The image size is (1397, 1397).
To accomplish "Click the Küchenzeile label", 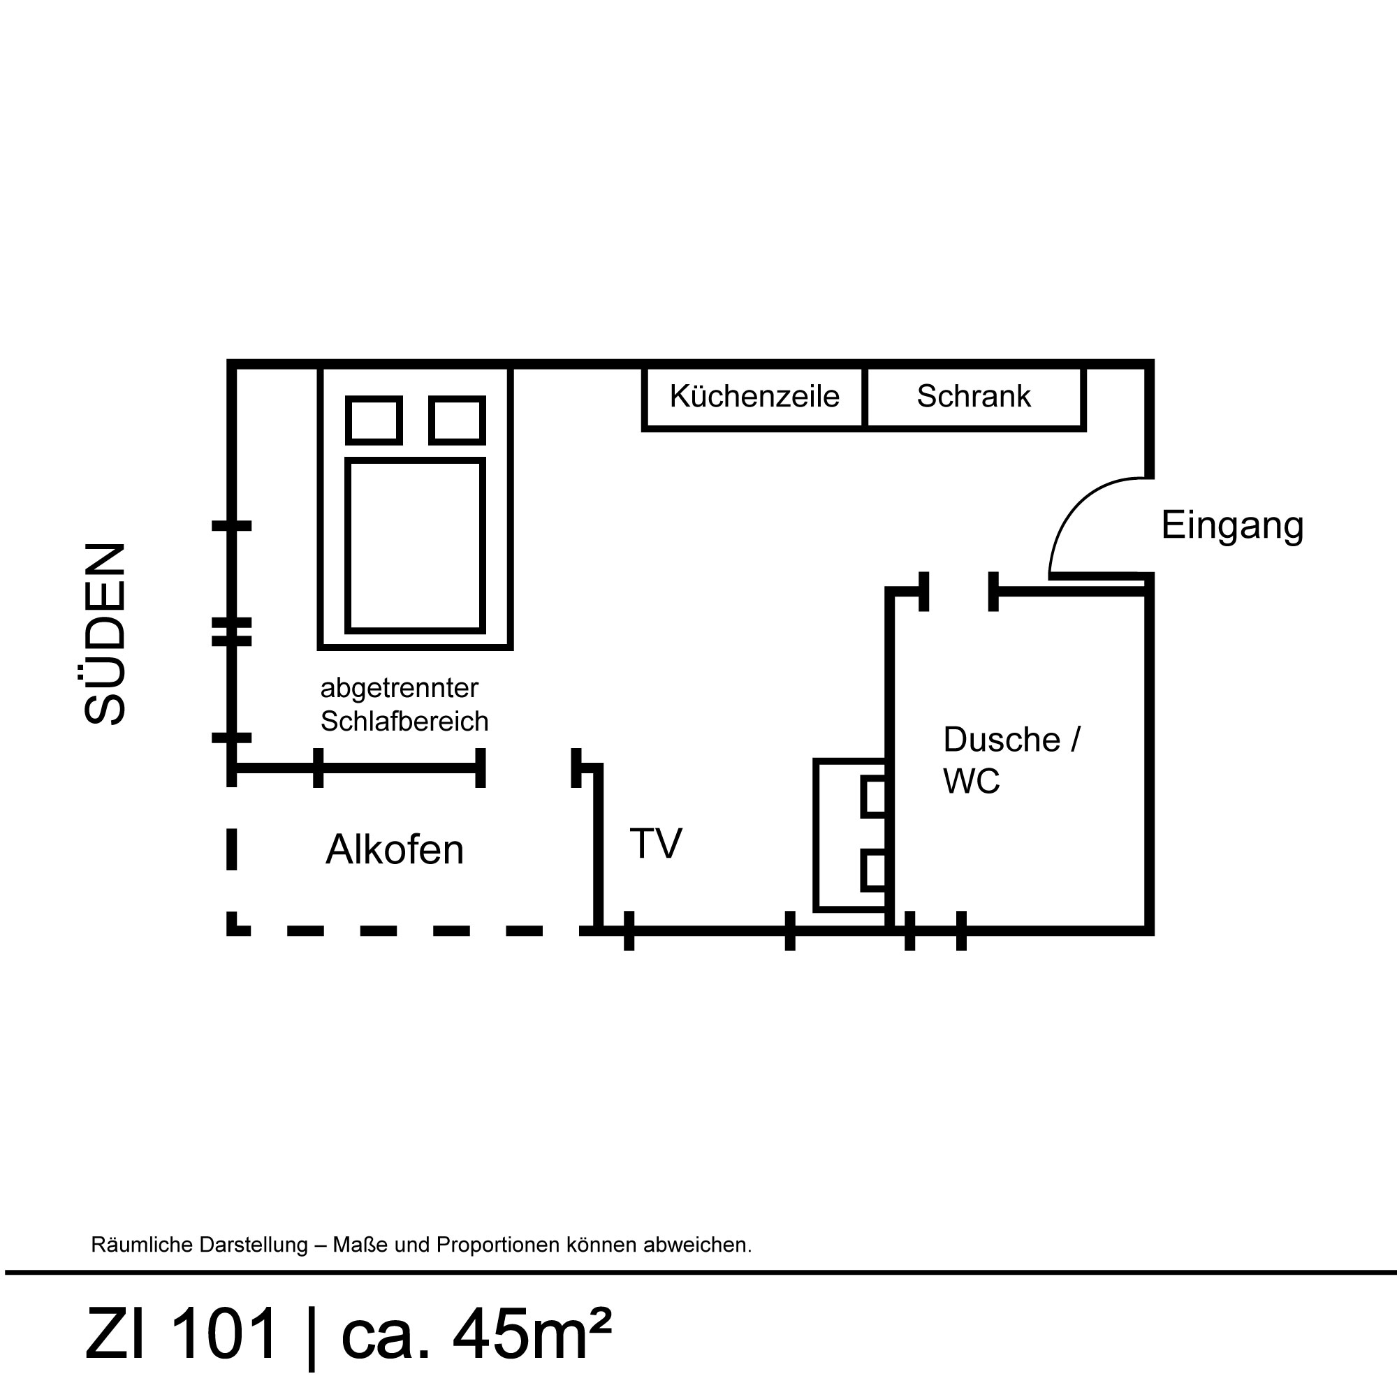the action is click(754, 396).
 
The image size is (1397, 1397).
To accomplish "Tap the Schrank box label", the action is click(973, 396).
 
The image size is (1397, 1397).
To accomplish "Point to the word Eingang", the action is click(1232, 527).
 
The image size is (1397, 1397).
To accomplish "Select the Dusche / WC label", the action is click(1011, 760).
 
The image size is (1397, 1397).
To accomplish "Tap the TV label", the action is click(656, 843).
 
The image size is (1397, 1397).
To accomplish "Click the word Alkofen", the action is click(394, 849).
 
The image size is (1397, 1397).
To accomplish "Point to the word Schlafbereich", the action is click(404, 722).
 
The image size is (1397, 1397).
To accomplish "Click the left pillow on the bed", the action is click(374, 420).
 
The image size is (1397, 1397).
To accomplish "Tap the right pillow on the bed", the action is click(457, 420).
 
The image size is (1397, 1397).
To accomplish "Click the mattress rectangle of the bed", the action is click(415, 546).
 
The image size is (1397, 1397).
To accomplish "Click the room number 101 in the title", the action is click(224, 1334).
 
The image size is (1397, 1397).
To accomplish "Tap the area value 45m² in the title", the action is click(532, 1333).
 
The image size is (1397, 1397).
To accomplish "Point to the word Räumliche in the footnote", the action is click(137, 1245).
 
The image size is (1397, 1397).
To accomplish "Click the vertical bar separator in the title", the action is click(312, 1336).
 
